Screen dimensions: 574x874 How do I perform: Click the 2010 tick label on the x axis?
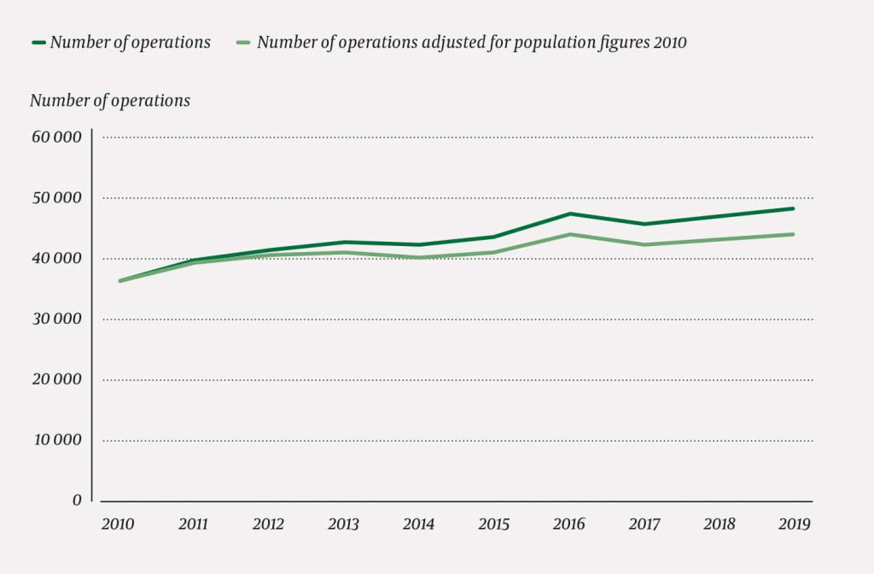[118, 524]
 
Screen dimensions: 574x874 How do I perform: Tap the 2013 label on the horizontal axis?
[344, 524]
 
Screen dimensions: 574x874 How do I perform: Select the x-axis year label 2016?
[569, 524]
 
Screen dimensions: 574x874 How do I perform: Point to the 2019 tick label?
[794, 524]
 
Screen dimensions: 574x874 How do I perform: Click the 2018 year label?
[719, 524]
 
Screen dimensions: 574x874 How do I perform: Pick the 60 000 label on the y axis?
[55, 138]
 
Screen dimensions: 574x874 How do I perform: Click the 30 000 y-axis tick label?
[55, 319]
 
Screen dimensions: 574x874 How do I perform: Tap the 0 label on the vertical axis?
[77, 501]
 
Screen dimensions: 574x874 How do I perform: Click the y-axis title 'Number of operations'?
[110, 101]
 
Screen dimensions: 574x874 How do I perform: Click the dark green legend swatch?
[38, 43]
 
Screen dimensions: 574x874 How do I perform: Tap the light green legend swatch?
[244, 43]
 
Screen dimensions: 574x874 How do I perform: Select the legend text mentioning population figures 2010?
[471, 43]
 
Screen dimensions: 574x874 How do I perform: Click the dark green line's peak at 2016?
[569, 214]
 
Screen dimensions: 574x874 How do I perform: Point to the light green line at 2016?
[569, 234]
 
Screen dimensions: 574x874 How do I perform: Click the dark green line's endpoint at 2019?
[794, 208]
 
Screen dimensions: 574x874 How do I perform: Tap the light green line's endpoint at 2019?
[794, 234]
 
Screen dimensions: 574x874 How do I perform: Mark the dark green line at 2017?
[644, 225]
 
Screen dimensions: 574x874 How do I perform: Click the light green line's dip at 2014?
[419, 257]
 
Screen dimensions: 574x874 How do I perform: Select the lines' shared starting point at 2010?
[119, 281]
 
